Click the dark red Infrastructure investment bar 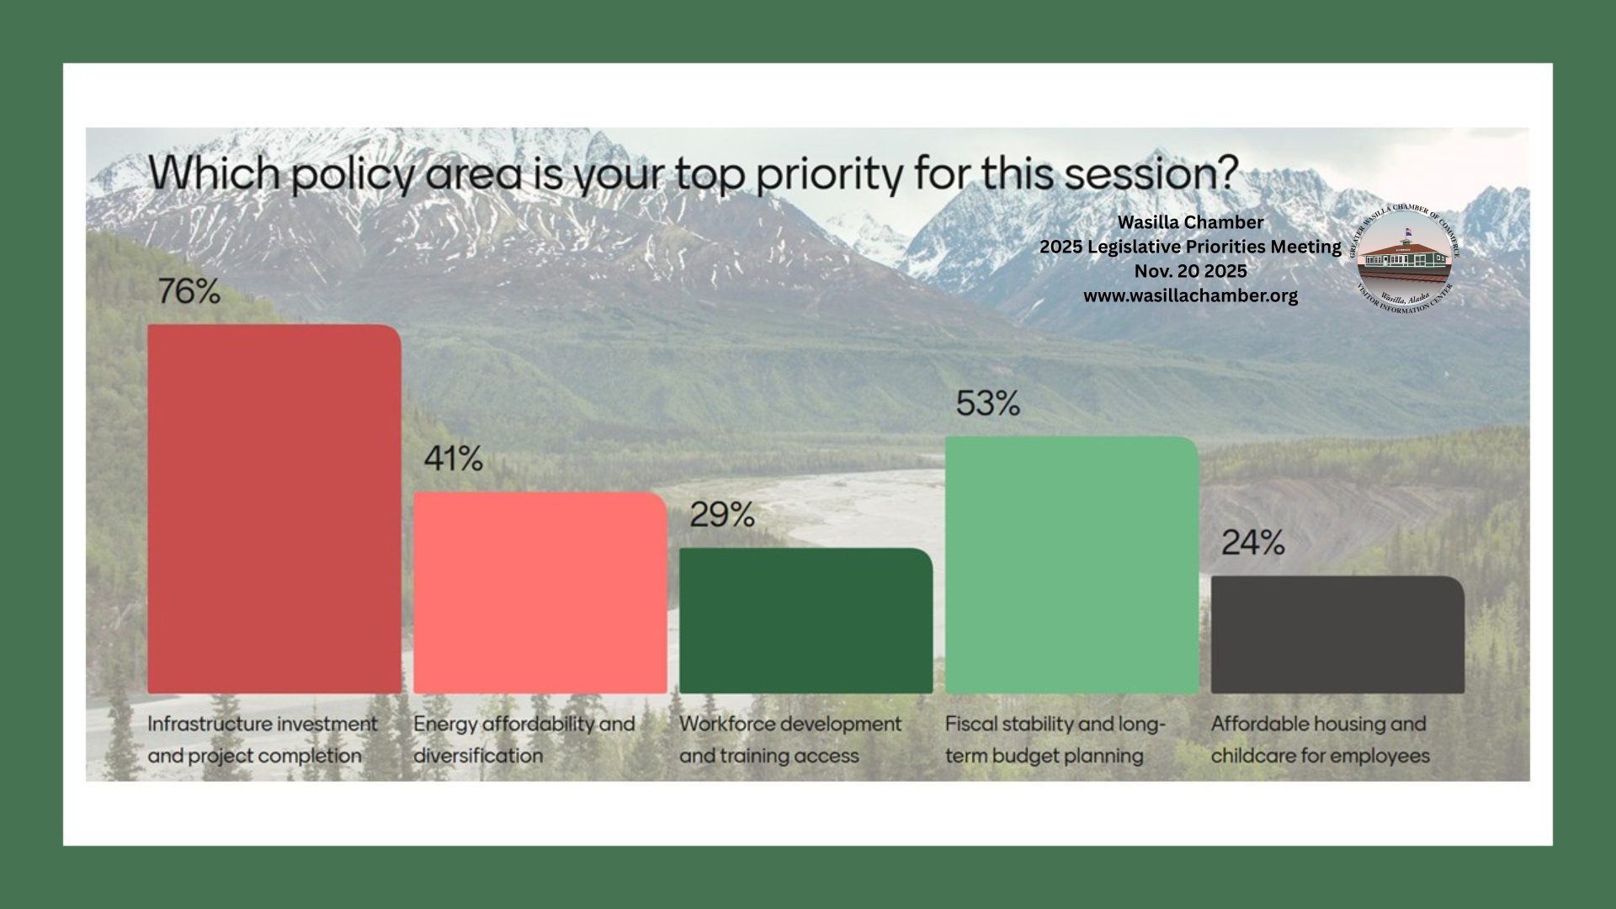274,509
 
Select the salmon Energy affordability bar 540,593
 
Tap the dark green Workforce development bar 806,621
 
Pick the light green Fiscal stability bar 1072,566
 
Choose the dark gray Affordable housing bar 1338,635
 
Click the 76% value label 189,292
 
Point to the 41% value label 454,460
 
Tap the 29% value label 722,515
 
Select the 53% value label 988,404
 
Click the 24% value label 1253,544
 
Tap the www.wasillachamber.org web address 1190,296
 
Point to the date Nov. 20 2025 1190,271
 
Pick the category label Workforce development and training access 790,740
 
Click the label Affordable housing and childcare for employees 1321,740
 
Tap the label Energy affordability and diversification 524,740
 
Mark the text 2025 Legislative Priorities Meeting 1190,247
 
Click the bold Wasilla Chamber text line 1190,222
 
